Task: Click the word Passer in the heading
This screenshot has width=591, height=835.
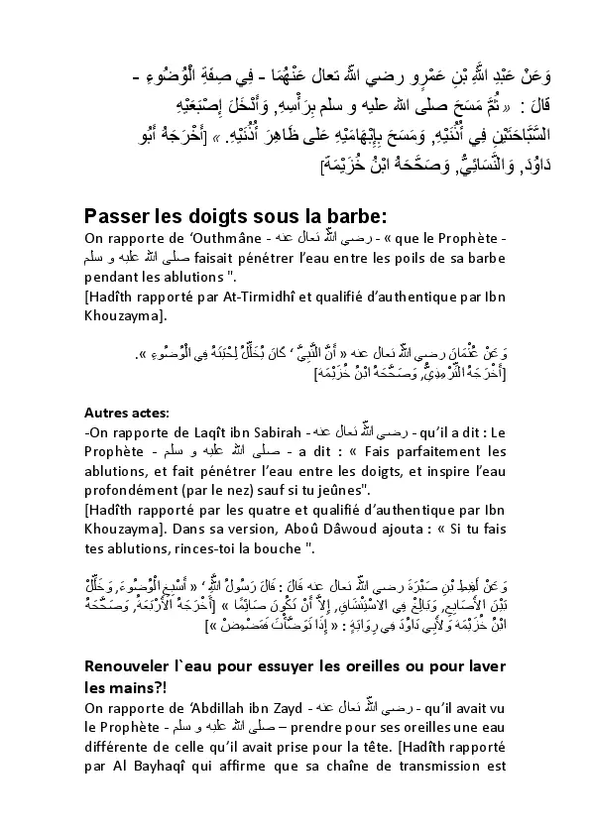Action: [117, 216]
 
